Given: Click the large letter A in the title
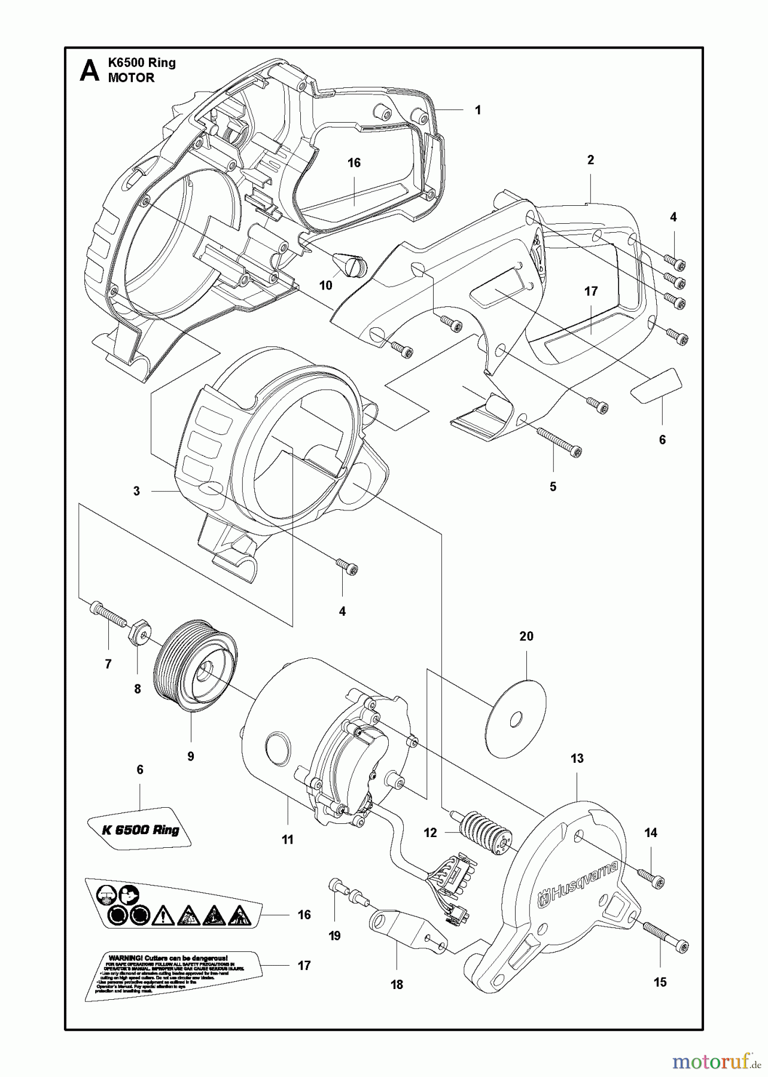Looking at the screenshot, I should coord(89,71).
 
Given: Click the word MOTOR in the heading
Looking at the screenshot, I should coord(131,78).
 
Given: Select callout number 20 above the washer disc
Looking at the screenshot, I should coord(526,637).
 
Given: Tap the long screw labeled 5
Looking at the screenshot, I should coord(559,442).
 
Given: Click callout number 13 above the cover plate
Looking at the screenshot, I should coord(577,759).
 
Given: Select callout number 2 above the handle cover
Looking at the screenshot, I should coord(590,160).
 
